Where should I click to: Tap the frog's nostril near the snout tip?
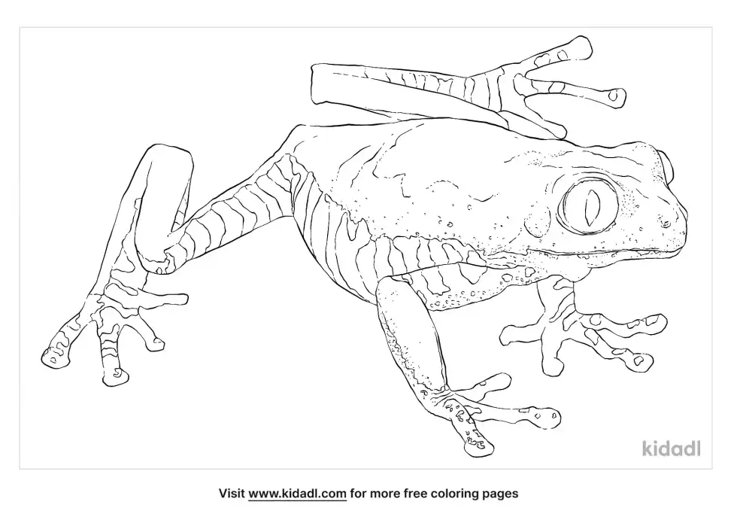point(666,222)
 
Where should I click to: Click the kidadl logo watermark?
point(671,449)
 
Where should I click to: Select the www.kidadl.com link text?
point(298,494)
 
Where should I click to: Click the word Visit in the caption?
point(232,494)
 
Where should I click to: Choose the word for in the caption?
point(358,494)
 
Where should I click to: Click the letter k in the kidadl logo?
point(647,449)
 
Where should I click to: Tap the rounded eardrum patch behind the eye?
point(538,220)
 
